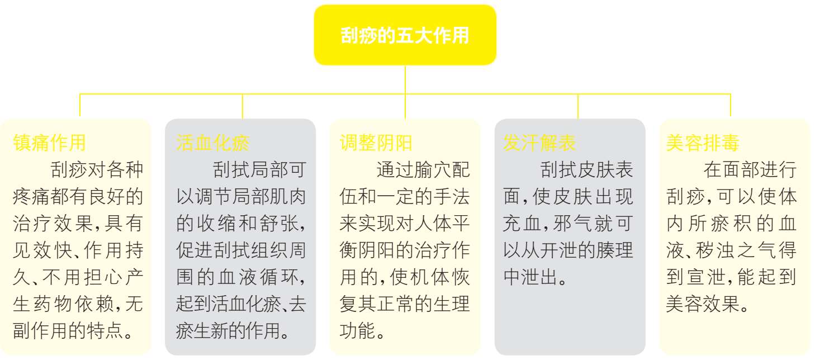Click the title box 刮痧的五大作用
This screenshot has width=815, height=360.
(405, 35)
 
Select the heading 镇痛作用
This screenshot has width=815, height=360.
(49, 143)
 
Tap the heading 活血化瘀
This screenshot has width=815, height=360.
(212, 143)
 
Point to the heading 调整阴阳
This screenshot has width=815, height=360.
(376, 143)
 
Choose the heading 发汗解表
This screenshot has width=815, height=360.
(539, 143)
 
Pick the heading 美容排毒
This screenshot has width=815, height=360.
(702, 143)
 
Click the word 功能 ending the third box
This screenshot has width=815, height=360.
(358, 331)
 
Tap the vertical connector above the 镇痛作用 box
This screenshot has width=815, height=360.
(80, 105)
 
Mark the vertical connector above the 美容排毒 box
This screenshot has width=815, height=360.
(730, 105)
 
